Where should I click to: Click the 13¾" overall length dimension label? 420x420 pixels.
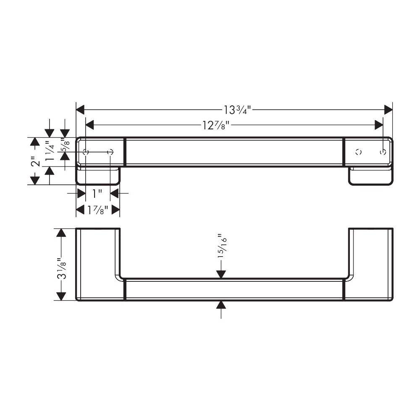point(237,110)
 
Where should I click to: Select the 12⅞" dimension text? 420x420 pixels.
point(215,125)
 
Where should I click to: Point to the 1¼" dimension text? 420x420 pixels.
point(50,150)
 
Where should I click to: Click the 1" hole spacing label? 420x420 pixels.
point(97,193)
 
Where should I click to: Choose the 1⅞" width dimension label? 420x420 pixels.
point(98,210)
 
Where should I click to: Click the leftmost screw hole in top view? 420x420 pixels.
point(86,152)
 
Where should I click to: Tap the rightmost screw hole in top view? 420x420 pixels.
point(383,152)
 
